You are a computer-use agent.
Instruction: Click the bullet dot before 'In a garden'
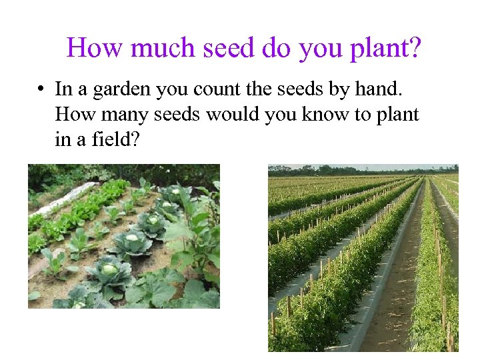pyautogui.click(x=41, y=89)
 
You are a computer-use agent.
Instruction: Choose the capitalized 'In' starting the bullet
pyautogui.click(x=63, y=89)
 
